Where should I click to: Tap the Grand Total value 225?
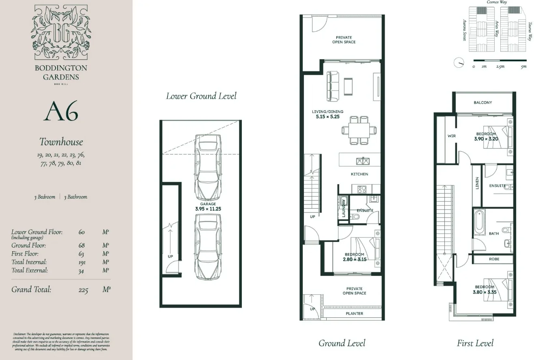click(83, 290)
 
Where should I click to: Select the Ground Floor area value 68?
click(82, 245)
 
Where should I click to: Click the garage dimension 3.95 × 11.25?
click(207, 209)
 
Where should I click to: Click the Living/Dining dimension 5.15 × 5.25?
click(327, 116)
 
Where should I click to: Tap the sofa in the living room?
click(333, 86)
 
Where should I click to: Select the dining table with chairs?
click(359, 130)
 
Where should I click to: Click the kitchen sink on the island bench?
click(362, 161)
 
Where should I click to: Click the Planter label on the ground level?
click(354, 313)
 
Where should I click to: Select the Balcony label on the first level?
click(482, 103)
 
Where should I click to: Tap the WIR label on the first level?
click(451, 136)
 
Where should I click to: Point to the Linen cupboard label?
click(477, 183)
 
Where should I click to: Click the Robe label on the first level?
click(494, 259)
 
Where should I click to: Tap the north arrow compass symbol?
click(459, 63)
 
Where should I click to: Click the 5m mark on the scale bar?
click(523, 67)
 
